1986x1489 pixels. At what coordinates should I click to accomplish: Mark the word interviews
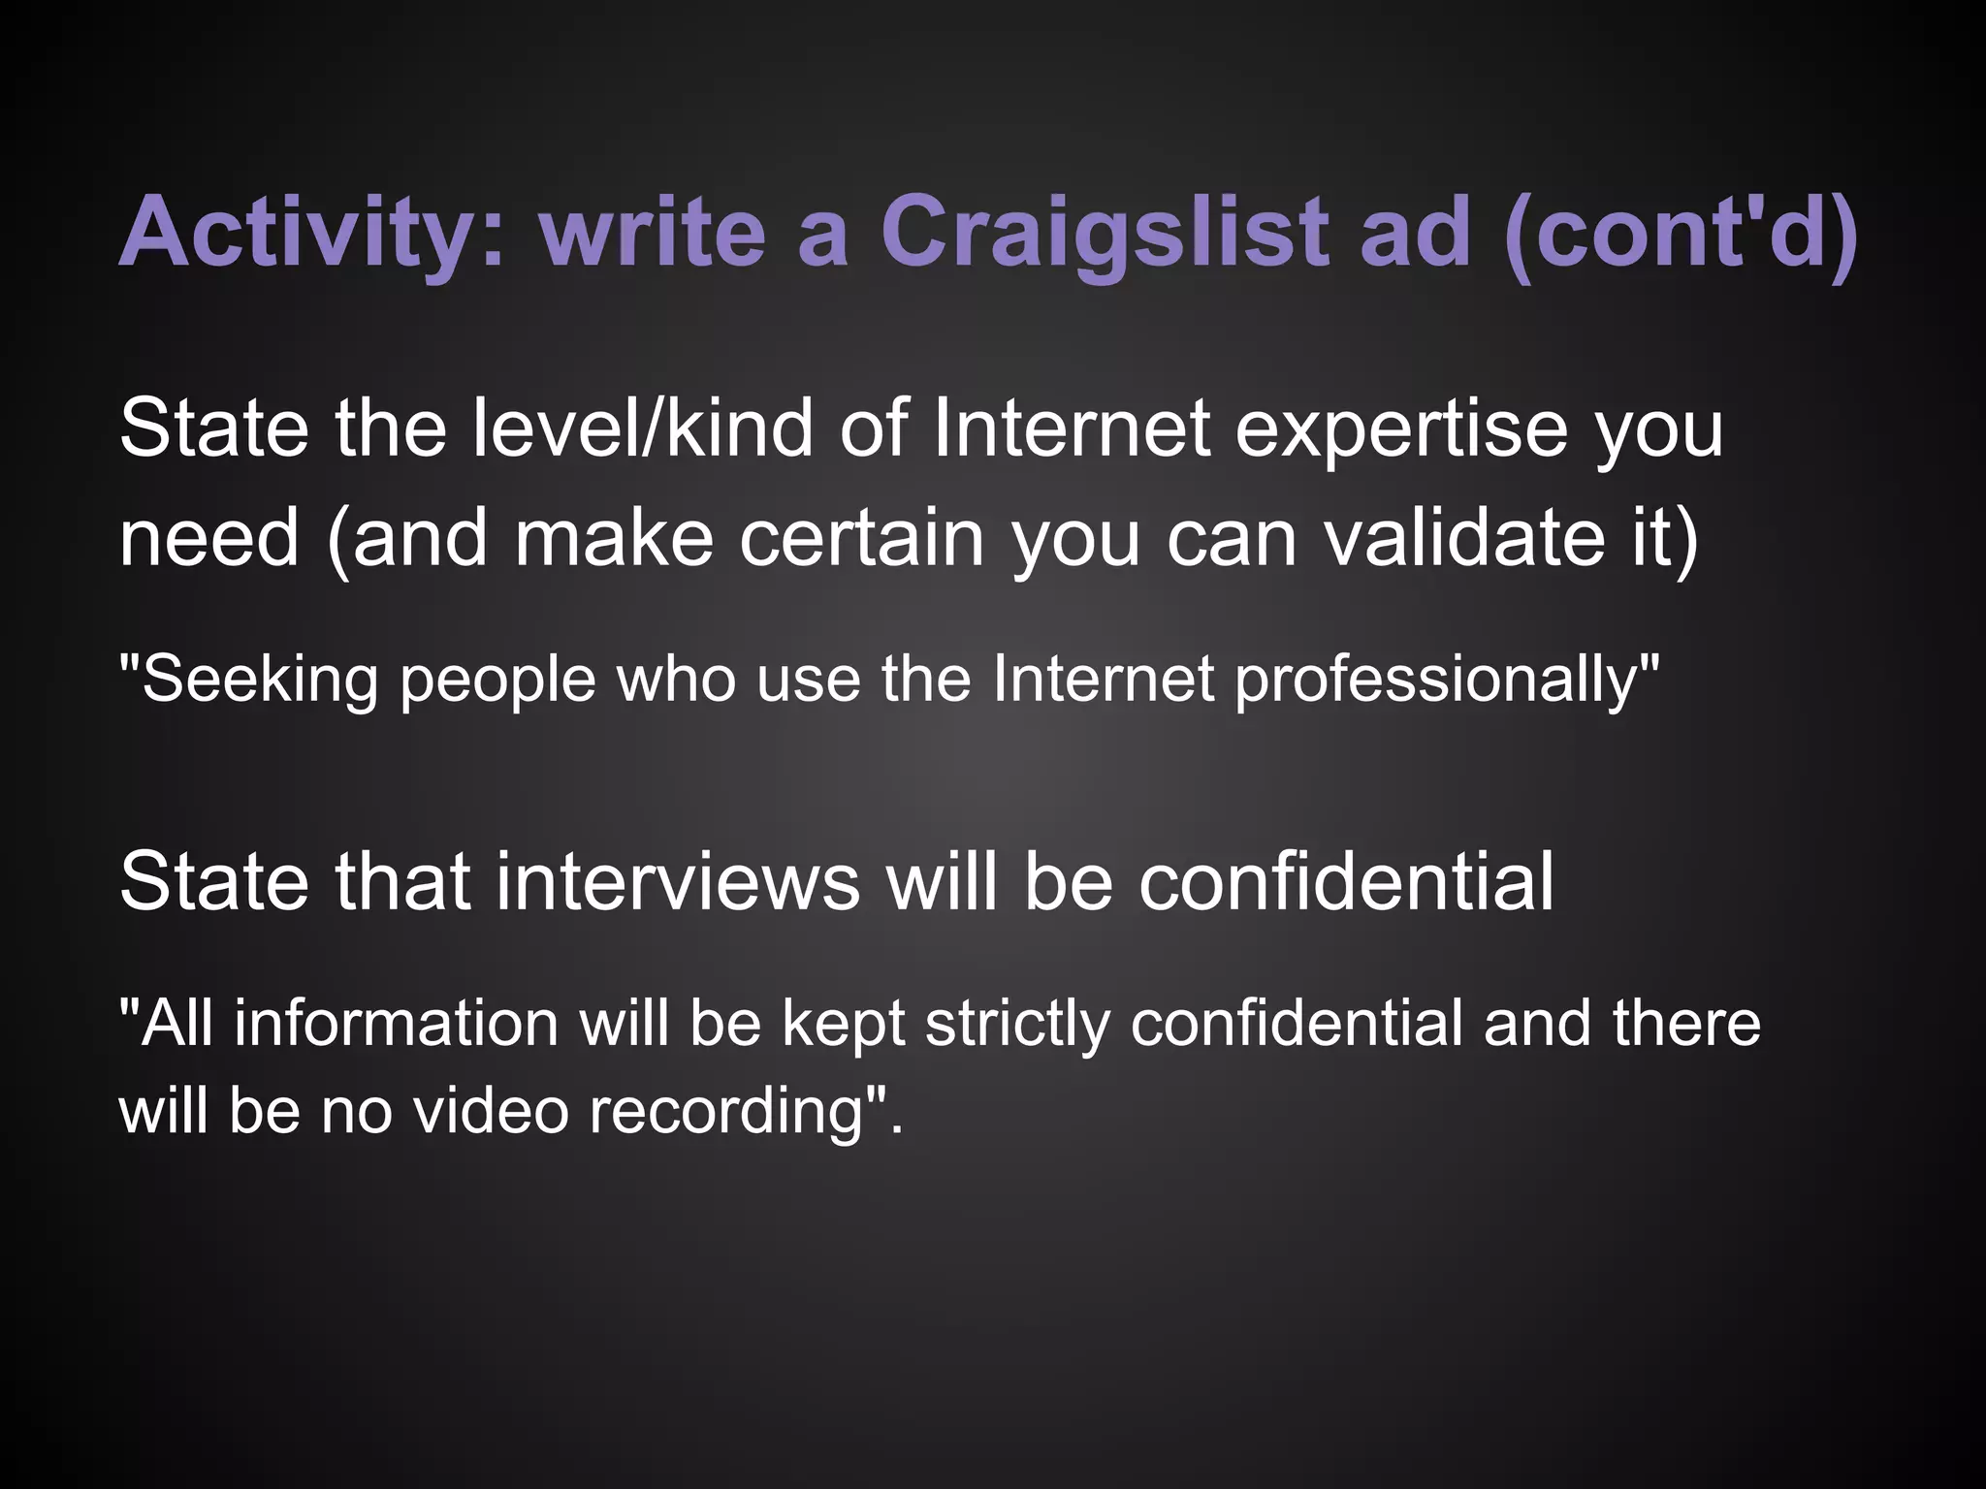(x=678, y=881)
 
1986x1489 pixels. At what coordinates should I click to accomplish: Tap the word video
(x=490, y=1110)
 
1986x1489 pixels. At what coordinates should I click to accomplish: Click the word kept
(x=843, y=1025)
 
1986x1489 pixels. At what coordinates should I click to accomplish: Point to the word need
(x=208, y=538)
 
